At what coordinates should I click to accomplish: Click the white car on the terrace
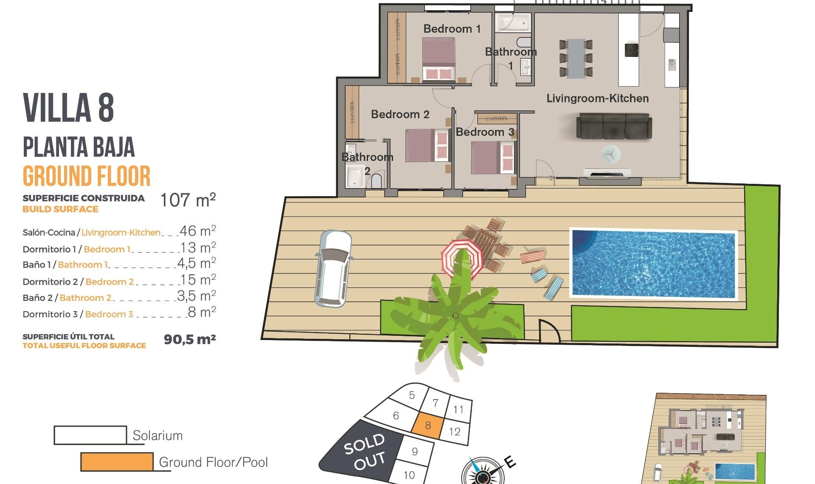click(x=333, y=268)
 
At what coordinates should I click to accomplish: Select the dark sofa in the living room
click(x=613, y=127)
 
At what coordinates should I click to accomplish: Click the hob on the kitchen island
click(x=631, y=50)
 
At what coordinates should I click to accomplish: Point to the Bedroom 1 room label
click(x=452, y=29)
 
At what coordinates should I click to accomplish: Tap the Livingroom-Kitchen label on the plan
click(x=597, y=98)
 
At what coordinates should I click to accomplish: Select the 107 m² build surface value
click(x=188, y=200)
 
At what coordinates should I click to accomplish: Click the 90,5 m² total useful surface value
click(x=190, y=339)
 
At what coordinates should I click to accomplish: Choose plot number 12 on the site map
click(x=455, y=432)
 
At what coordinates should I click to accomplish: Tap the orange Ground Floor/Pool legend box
click(x=117, y=462)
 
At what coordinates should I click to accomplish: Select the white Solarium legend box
click(x=90, y=435)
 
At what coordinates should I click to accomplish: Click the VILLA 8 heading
click(x=68, y=108)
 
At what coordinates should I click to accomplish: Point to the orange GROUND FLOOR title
click(x=87, y=176)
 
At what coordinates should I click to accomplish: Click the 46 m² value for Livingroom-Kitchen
click(x=197, y=231)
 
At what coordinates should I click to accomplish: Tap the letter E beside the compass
click(x=510, y=461)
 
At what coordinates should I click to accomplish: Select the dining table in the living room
click(x=576, y=58)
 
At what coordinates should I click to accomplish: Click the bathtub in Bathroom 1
click(x=513, y=22)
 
